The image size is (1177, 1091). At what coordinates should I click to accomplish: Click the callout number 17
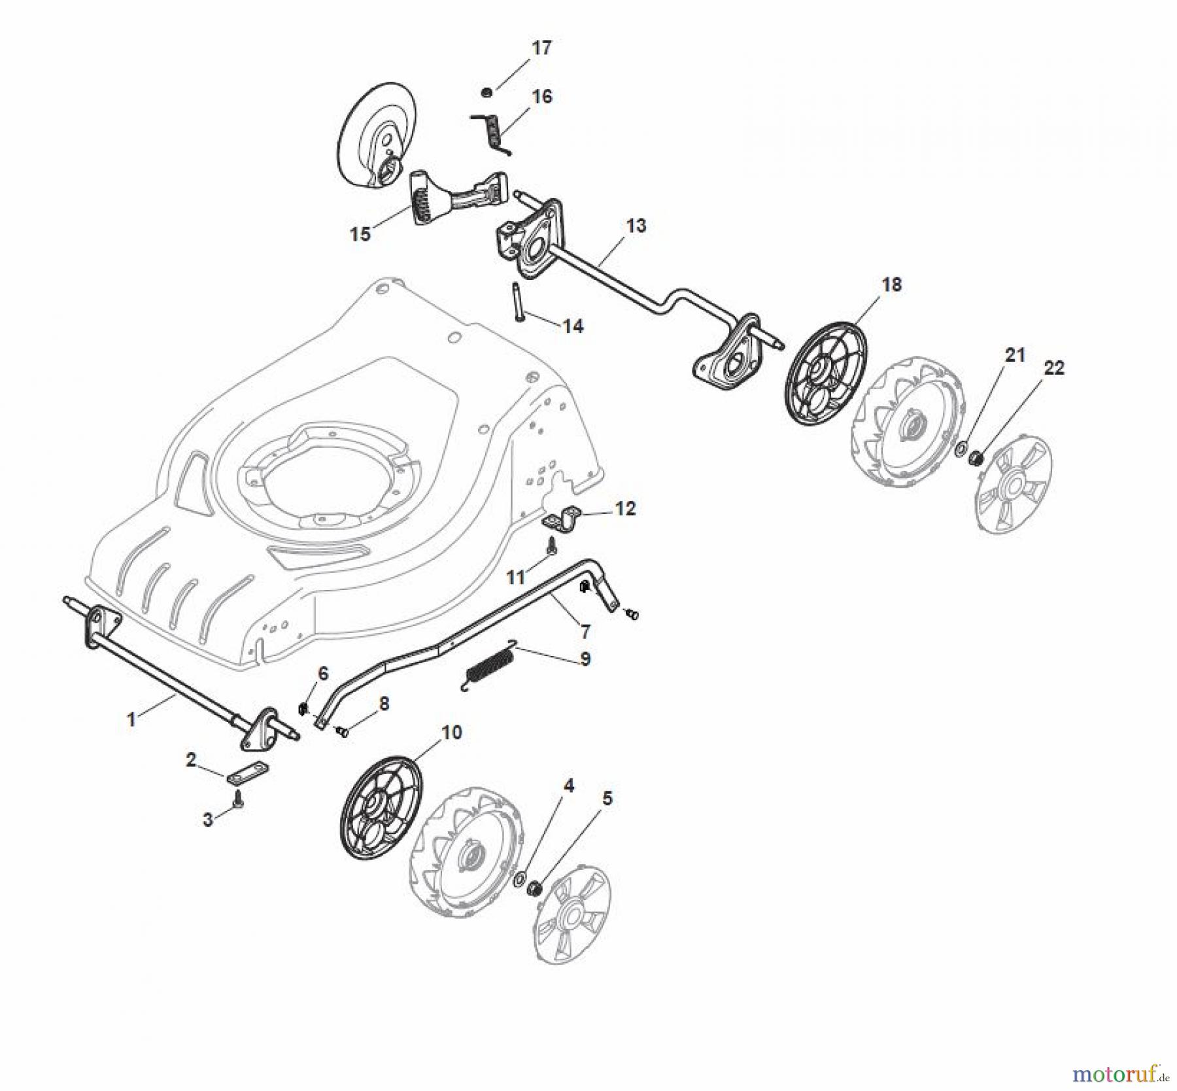coord(542,48)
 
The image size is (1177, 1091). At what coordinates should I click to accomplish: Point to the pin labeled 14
coord(515,300)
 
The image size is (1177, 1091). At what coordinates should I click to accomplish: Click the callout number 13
coord(636,226)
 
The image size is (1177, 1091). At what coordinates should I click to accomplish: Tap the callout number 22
coord(1054,368)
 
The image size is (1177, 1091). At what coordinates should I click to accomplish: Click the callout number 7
coord(586,631)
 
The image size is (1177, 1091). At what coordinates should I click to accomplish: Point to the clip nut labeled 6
coord(303,708)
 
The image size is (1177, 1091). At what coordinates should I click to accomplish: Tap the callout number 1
coord(131,719)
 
